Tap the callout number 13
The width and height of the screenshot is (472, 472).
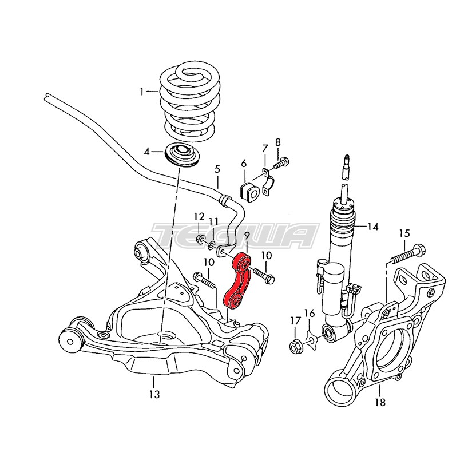click(x=153, y=394)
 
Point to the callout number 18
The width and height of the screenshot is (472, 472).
click(x=380, y=402)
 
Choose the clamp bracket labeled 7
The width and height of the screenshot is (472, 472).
click(x=268, y=181)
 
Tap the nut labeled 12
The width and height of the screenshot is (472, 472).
click(x=200, y=239)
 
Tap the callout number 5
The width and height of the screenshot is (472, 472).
click(x=217, y=169)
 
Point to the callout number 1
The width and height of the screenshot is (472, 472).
click(x=142, y=91)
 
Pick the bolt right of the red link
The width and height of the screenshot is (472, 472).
click(x=263, y=275)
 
